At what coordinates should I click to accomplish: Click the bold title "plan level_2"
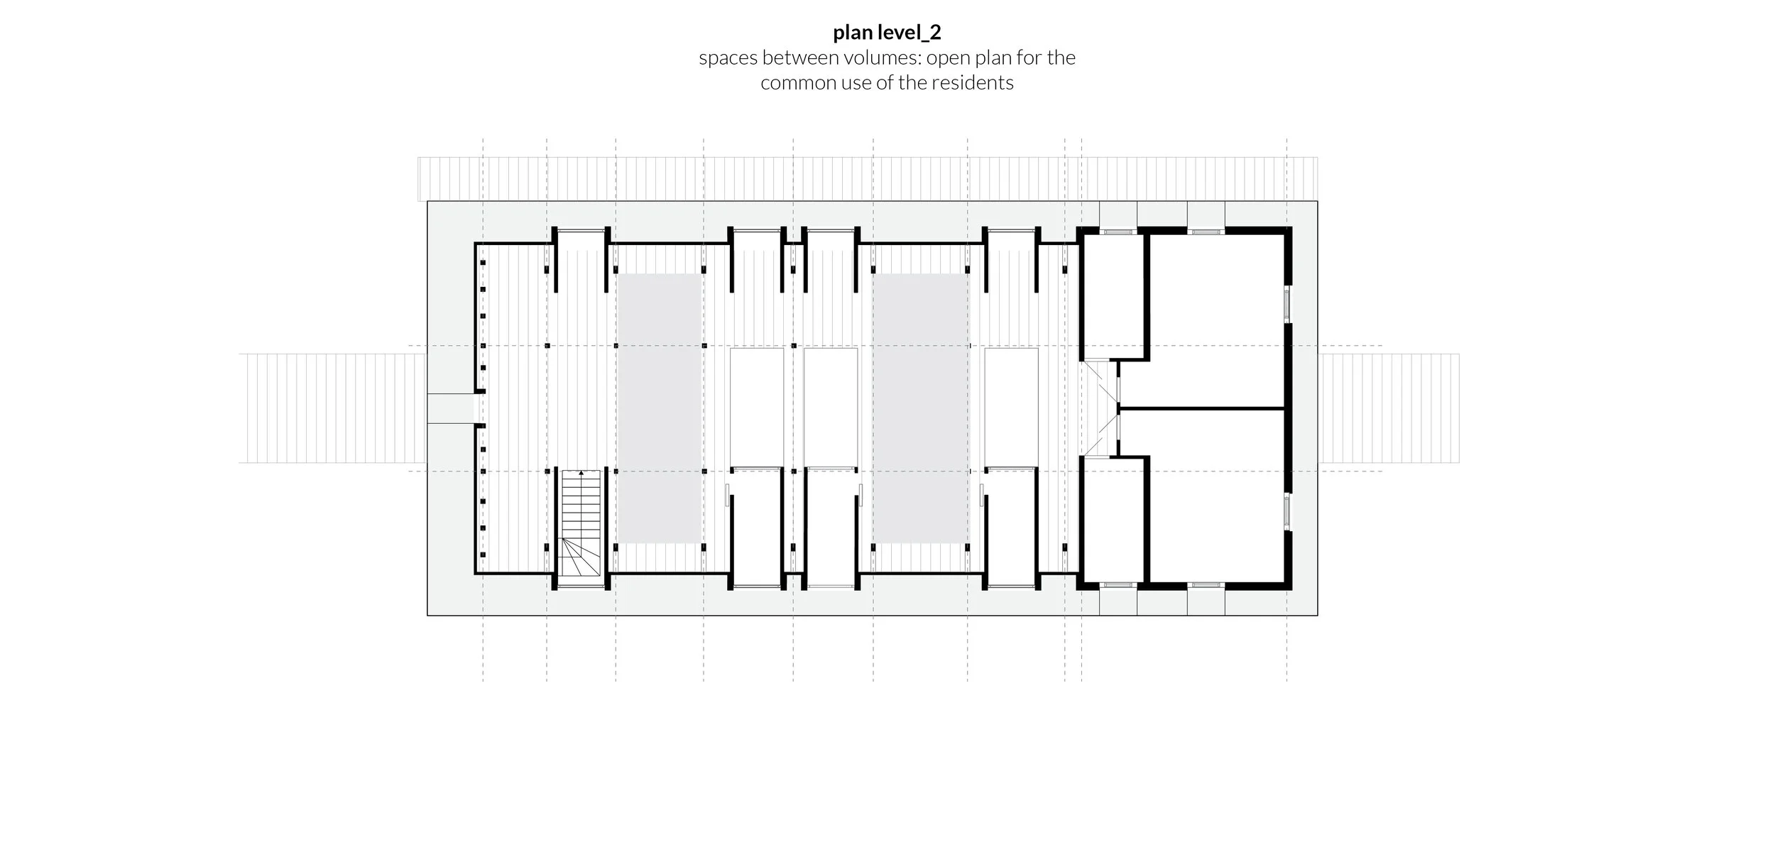(x=887, y=32)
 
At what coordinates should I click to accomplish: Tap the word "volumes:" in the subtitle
(x=882, y=58)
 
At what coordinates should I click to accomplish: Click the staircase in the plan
(x=581, y=523)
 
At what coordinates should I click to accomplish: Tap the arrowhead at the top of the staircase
(x=581, y=472)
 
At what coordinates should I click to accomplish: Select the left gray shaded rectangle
(x=659, y=409)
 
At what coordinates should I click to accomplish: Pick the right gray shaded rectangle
(x=920, y=409)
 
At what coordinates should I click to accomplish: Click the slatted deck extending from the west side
(x=332, y=408)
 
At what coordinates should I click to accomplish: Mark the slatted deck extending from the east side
(x=1389, y=408)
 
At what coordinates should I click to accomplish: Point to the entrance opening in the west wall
(x=451, y=408)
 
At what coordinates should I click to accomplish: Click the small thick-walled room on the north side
(x=1113, y=296)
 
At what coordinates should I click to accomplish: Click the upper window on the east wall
(x=1287, y=304)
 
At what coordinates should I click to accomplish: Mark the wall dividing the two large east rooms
(x=1201, y=409)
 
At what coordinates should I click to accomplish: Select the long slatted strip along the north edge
(x=868, y=179)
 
